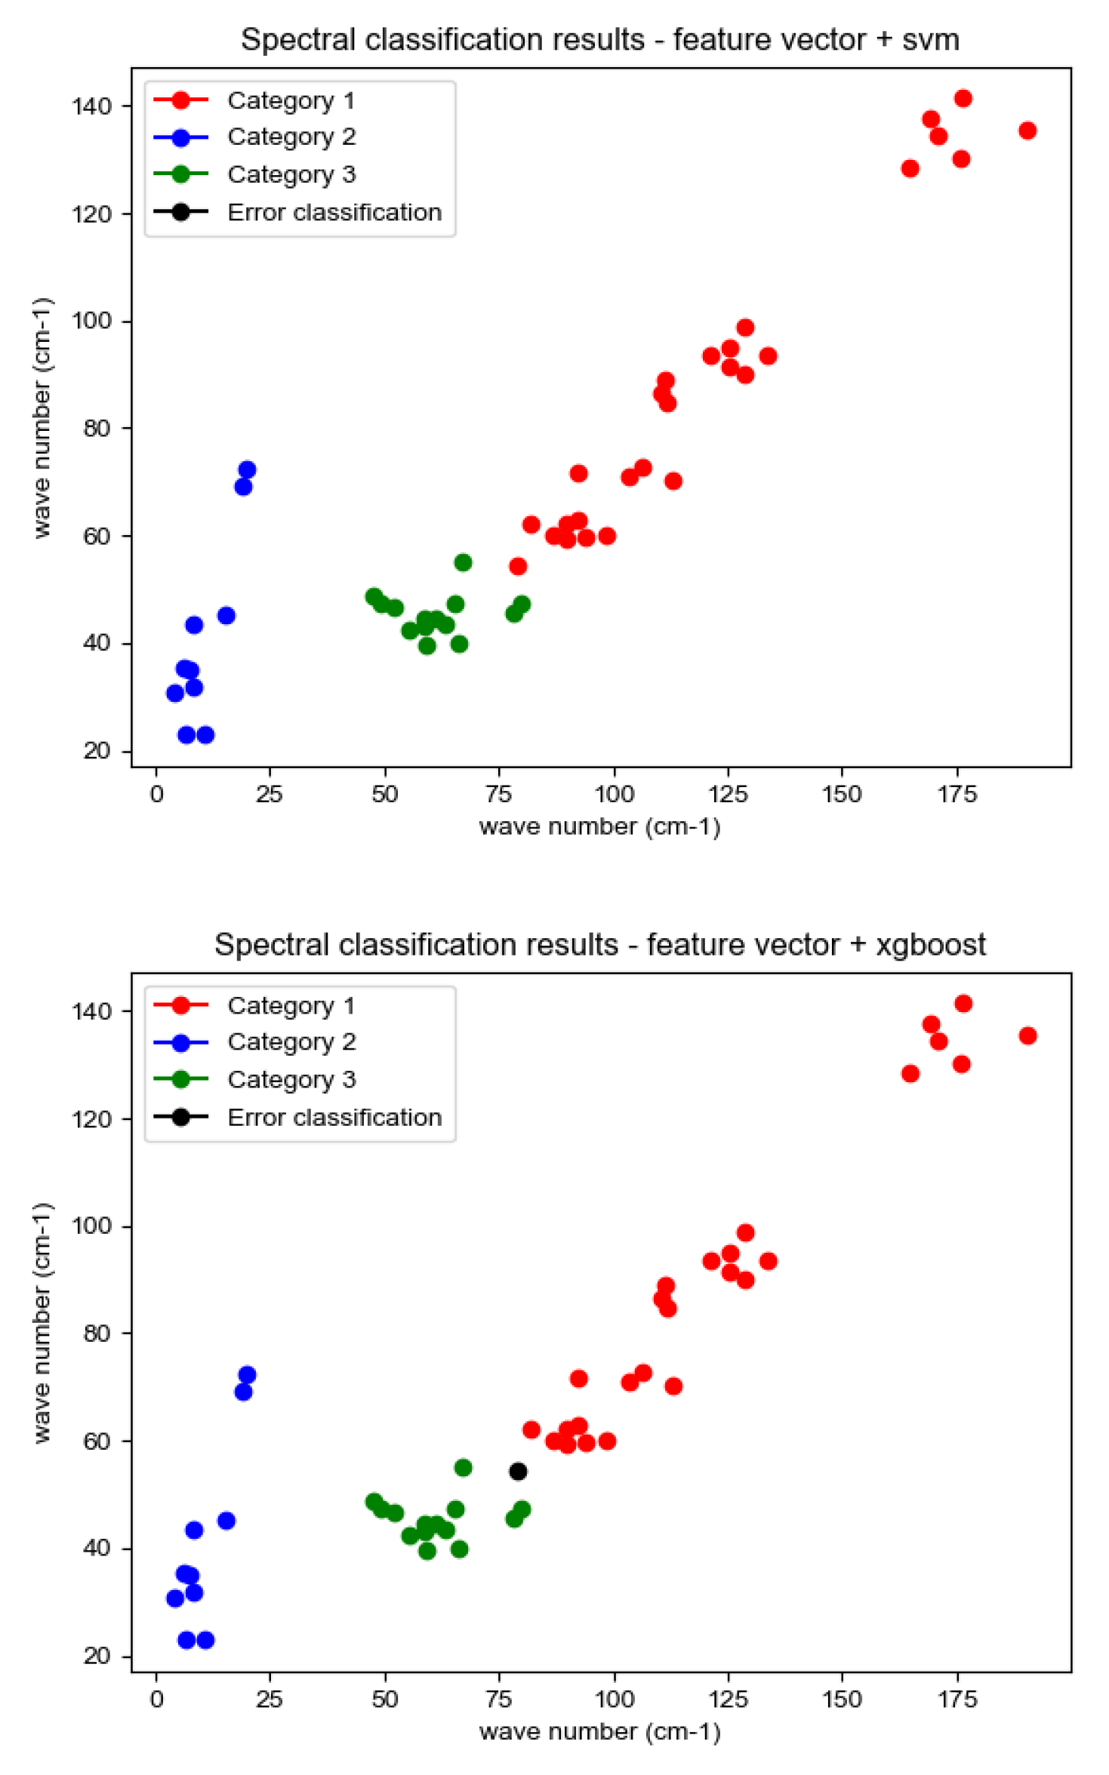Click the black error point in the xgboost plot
(518, 1471)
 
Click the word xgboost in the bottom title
(930, 945)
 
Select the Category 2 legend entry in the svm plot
(291, 137)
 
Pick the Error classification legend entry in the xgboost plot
(334, 1117)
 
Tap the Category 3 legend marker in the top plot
(180, 174)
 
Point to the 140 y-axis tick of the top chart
(91, 106)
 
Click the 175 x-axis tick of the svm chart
(957, 795)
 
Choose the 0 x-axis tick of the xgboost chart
(156, 1700)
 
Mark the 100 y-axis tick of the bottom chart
(91, 1226)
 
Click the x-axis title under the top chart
(599, 827)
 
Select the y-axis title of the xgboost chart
(43, 1322)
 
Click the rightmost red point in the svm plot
(1027, 131)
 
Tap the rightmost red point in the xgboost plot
(1027, 1035)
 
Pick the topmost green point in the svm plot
(463, 562)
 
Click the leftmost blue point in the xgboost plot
(175, 1598)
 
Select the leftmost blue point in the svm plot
(175, 693)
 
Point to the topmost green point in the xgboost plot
(463, 1467)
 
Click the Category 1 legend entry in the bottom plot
(291, 1005)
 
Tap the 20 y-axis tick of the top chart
(97, 752)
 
